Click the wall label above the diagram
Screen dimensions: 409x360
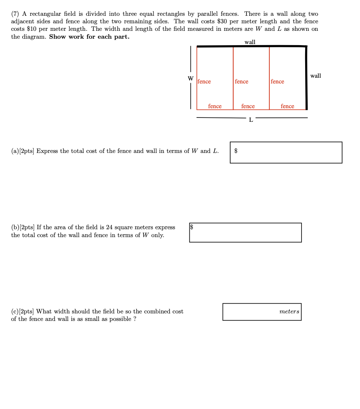point(250,42)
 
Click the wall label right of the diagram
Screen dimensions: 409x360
point(316,76)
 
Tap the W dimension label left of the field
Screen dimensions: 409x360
point(190,78)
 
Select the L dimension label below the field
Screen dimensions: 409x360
point(251,120)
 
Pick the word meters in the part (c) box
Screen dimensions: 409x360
point(289,312)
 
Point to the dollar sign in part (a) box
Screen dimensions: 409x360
point(236,151)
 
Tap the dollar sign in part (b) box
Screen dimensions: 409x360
point(191,226)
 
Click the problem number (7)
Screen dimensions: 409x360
point(15,14)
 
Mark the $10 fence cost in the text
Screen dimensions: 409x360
point(33,29)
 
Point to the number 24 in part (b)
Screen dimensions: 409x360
point(109,227)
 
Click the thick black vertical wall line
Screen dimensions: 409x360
point(306,78)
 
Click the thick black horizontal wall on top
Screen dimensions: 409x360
point(251,46)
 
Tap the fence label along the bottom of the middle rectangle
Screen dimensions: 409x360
point(248,106)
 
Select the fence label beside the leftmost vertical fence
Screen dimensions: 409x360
point(204,82)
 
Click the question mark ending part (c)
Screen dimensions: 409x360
point(134,319)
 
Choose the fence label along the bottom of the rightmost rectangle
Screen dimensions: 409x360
point(287,106)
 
